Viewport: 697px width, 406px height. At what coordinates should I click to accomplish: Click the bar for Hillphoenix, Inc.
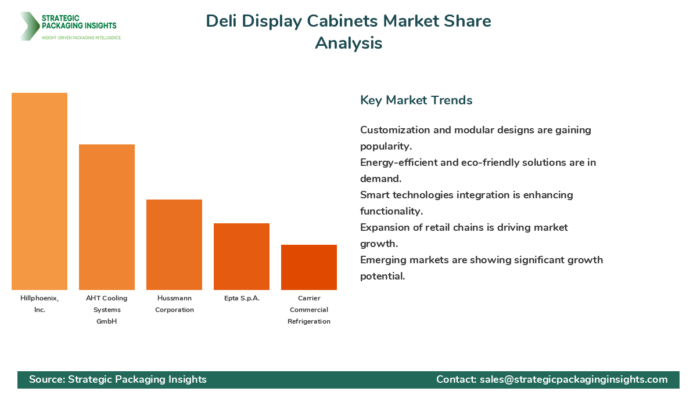(39, 191)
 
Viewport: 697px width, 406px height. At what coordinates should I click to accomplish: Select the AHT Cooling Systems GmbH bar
(107, 217)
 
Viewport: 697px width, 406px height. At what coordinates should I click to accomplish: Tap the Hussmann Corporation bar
(174, 245)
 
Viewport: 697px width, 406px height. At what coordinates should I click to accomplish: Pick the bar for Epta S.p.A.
(242, 256)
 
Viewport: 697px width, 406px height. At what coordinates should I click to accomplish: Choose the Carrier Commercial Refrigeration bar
(309, 267)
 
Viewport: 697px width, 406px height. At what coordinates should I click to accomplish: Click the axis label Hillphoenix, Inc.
(39, 304)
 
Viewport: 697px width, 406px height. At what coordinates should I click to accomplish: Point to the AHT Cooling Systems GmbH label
(107, 310)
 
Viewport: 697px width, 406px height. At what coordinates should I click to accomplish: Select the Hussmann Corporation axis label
(174, 304)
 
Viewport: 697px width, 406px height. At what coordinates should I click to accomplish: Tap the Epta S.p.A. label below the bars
(242, 298)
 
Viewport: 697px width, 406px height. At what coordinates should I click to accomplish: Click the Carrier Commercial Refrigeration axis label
(309, 310)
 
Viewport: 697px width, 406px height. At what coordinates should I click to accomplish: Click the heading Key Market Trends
(416, 100)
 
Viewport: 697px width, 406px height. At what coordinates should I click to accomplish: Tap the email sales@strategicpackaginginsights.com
(573, 379)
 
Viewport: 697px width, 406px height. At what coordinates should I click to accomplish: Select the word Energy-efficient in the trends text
(399, 162)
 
